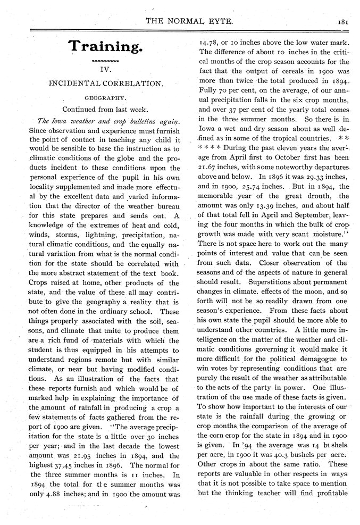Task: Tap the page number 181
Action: (x=342, y=22)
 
